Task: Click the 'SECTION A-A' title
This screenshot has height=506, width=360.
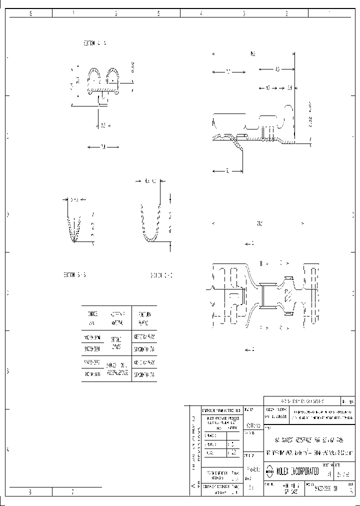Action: pyautogui.click(x=94, y=43)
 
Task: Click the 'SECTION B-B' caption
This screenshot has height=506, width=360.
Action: pyautogui.click(x=74, y=275)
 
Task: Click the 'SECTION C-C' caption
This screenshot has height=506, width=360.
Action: pyautogui.click(x=160, y=275)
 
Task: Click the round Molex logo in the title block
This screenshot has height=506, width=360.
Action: pyautogui.click(x=269, y=471)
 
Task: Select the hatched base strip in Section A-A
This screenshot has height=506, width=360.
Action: pyautogui.click(x=102, y=91)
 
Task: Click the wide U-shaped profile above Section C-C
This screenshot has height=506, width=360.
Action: pyautogui.click(x=150, y=225)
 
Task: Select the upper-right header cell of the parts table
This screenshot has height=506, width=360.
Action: pyautogui.click(x=144, y=316)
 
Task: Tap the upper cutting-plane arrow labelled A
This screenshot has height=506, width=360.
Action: pyautogui.click(x=249, y=243)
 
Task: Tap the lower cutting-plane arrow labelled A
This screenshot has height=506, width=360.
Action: pyautogui.click(x=249, y=348)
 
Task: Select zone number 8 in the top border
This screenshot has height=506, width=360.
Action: pyautogui.click(x=30, y=14)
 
